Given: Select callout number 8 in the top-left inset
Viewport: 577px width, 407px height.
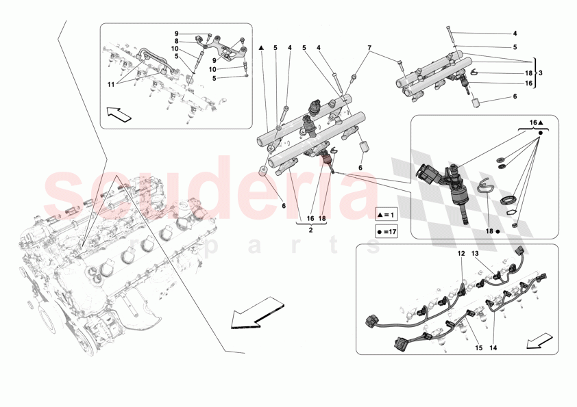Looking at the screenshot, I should click(x=176, y=42).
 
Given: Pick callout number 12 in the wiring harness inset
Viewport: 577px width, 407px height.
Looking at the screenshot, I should click(x=461, y=254).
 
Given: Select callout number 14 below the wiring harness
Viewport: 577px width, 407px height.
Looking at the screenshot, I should click(x=492, y=348).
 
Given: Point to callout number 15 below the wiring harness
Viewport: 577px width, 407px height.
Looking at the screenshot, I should click(x=478, y=348).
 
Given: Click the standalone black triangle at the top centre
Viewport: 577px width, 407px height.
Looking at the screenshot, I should click(x=262, y=47).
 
